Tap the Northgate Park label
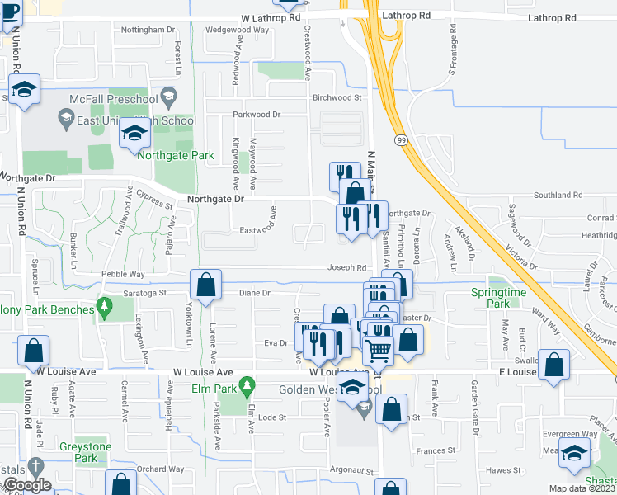[176, 155]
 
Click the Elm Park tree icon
[245, 387]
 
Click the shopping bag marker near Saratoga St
[205, 285]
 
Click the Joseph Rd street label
[346, 267]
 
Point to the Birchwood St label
[337, 97]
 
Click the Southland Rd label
[558, 196]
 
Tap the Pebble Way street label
[123, 274]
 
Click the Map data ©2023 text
[582, 488]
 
